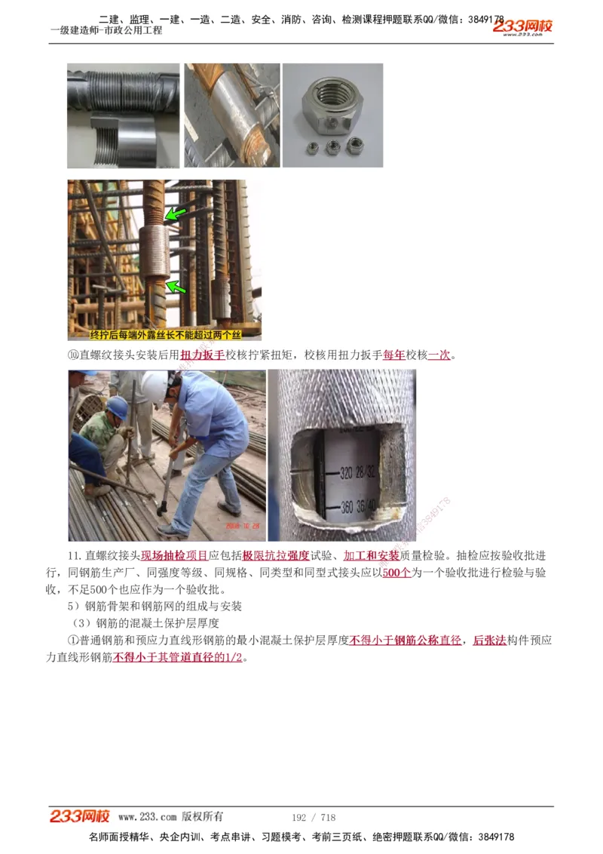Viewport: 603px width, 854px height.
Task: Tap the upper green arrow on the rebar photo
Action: click(x=176, y=214)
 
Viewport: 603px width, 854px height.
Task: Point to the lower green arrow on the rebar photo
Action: click(x=176, y=287)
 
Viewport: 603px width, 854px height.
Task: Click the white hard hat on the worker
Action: click(x=155, y=386)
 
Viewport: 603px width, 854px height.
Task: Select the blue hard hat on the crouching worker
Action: click(x=117, y=407)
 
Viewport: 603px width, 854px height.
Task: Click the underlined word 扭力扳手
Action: click(x=203, y=355)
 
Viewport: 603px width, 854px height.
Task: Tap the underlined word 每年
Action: click(x=394, y=355)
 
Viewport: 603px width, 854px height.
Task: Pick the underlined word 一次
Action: click(x=439, y=355)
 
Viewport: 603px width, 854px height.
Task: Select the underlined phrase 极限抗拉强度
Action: click(x=276, y=556)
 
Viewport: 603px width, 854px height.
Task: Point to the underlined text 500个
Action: click(x=396, y=573)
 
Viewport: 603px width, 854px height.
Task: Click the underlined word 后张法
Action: click(x=489, y=640)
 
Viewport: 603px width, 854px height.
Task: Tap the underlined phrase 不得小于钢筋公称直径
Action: click(x=406, y=640)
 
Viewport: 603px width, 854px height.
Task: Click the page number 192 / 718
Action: click(x=314, y=818)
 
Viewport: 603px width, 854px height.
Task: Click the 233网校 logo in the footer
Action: click(x=80, y=816)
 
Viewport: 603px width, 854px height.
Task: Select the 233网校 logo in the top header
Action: click(x=523, y=27)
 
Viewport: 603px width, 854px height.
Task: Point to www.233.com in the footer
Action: click(x=147, y=817)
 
